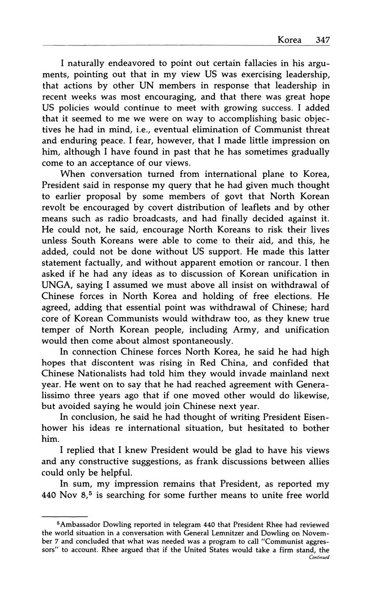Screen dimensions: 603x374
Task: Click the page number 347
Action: click(322, 40)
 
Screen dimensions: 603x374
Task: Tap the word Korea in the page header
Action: click(289, 40)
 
